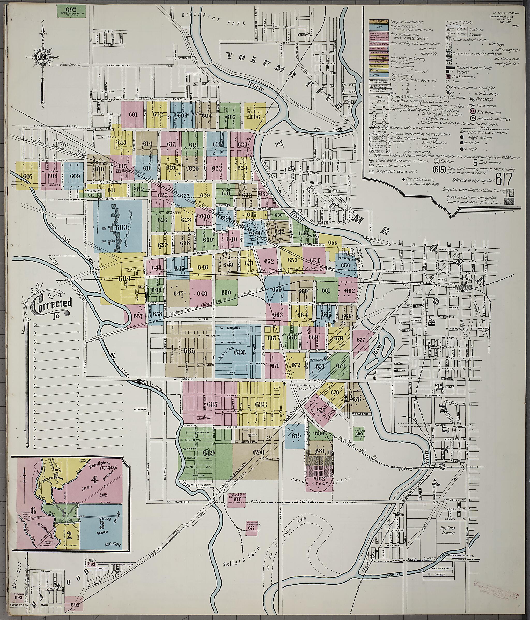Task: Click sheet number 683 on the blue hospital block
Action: click(121, 227)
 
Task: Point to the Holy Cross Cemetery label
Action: click(448, 531)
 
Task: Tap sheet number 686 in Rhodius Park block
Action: click(240, 353)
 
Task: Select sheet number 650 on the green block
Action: click(226, 292)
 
